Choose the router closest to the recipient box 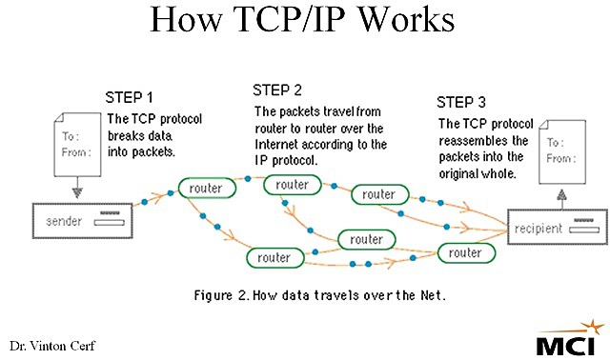click(x=465, y=252)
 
